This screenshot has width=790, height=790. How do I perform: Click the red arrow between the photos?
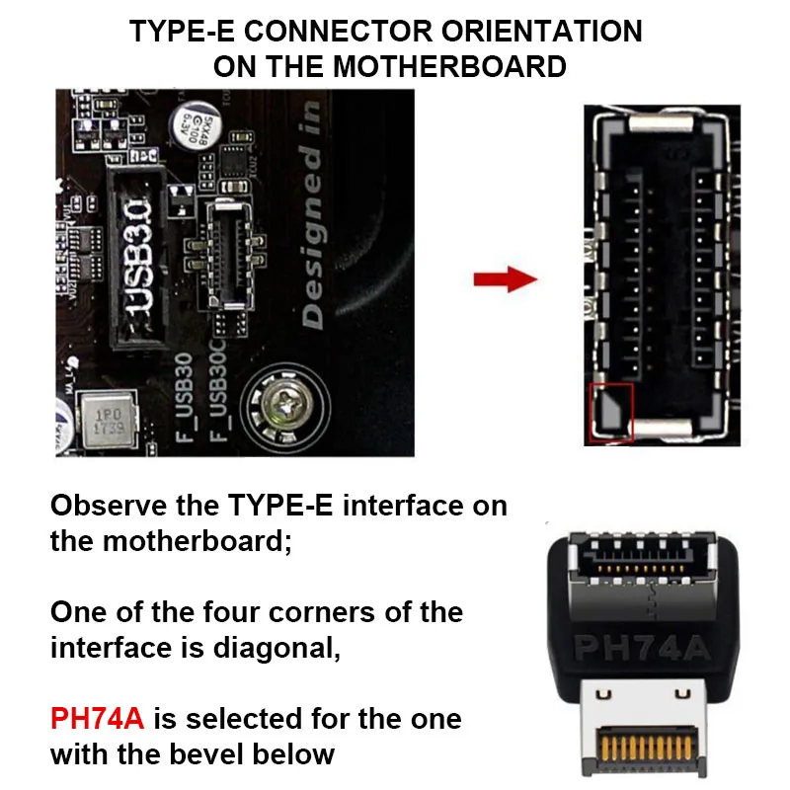[x=505, y=278]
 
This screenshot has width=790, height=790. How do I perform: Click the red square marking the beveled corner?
[x=610, y=411]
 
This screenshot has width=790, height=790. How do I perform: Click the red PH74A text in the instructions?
[x=97, y=718]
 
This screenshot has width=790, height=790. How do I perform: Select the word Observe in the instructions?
[x=106, y=506]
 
